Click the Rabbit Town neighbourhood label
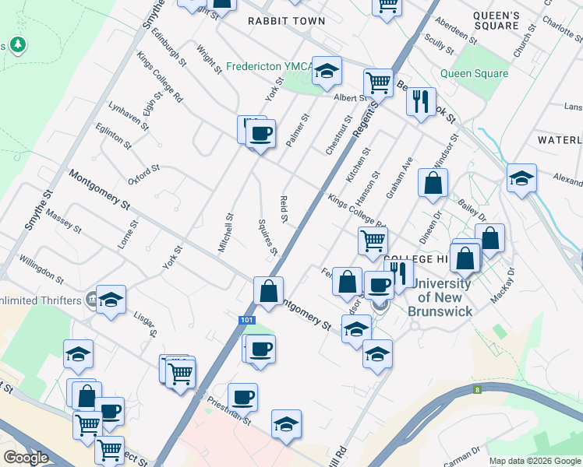point(286,21)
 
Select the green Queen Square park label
point(474,74)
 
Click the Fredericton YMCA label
point(269,67)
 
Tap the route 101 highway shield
point(246,319)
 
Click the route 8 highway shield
point(477,389)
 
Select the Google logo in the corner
point(26,458)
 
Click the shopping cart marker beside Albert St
point(378,82)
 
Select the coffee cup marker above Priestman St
point(242,398)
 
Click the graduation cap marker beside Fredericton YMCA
point(327,71)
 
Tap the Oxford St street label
point(143,174)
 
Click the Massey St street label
point(63,220)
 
